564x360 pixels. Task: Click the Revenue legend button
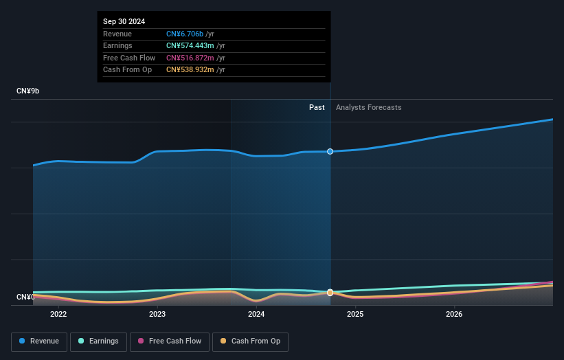[39, 341]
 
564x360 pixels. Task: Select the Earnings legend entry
[98, 341]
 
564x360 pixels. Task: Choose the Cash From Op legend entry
[251, 341]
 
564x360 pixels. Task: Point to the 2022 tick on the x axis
[58, 315]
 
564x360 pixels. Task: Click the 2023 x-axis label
[157, 315]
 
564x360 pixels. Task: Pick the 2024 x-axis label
[256, 315]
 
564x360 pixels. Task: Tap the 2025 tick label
[355, 315]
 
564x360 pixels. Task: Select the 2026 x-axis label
[454, 315]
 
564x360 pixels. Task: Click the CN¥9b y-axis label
[28, 91]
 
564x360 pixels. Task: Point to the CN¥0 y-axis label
[25, 297]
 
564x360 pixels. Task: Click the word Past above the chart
[317, 107]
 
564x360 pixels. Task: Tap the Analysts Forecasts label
[368, 107]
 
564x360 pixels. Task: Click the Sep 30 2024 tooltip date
[124, 22]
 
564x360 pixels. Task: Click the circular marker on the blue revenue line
[330, 151]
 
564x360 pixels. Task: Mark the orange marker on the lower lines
[330, 293]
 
